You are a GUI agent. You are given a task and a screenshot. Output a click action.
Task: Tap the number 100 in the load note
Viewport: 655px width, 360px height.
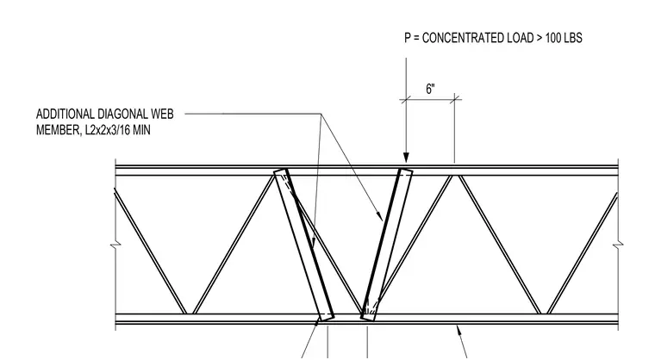[553, 38]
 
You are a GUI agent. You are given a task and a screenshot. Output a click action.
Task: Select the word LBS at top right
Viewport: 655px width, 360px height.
[573, 38]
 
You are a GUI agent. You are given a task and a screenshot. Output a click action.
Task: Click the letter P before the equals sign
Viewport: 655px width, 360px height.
[408, 38]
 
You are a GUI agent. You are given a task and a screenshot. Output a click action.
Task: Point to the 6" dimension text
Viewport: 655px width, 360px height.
[430, 89]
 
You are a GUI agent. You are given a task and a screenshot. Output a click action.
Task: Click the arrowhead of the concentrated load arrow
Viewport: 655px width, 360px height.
[406, 158]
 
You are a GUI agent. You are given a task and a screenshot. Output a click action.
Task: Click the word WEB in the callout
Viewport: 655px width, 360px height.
[162, 114]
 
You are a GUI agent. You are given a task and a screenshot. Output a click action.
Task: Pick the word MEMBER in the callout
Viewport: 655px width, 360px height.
[58, 130]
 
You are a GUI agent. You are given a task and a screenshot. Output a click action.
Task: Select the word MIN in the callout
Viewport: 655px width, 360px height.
[142, 130]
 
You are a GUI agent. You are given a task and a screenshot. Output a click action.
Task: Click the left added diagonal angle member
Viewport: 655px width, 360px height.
[304, 245]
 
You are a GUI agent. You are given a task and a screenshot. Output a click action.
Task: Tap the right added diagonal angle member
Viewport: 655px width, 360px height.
[386, 245]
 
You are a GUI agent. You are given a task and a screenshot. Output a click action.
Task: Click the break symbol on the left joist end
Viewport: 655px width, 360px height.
[115, 245]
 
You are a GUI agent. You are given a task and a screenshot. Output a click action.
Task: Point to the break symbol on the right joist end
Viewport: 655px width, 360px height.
[618, 245]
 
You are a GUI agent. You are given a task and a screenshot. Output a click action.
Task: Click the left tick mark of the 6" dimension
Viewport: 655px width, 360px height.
[406, 99]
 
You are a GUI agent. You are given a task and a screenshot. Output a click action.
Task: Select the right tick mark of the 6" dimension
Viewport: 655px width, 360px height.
[455, 99]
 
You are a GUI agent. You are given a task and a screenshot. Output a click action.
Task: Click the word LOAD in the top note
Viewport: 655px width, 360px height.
[520, 38]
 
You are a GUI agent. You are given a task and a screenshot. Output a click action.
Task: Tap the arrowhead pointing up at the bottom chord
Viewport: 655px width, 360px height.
[459, 331]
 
